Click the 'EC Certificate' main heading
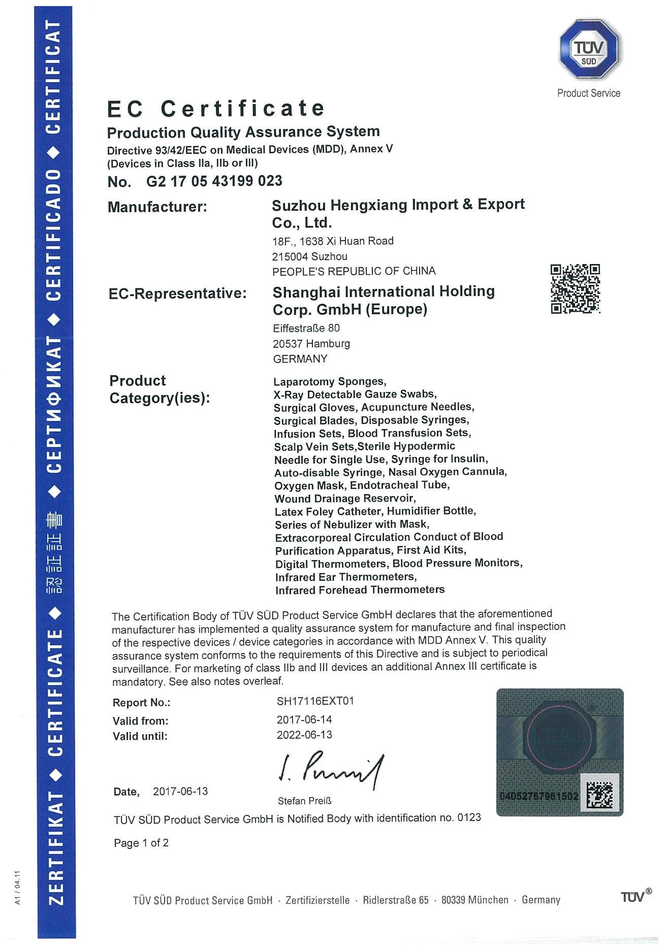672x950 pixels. (x=216, y=108)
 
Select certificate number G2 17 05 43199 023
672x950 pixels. (x=214, y=181)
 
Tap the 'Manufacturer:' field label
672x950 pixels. (x=157, y=207)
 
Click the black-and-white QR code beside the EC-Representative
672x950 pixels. (x=575, y=288)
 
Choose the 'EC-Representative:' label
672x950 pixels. (x=178, y=293)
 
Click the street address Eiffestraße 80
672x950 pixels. (x=306, y=328)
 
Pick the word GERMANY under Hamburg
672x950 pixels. (x=300, y=359)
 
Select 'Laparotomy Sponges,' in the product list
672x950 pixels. (x=330, y=382)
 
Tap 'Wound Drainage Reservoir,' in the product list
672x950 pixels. (x=345, y=499)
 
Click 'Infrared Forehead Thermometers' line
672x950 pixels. (x=360, y=590)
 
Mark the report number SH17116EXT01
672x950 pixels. (x=315, y=701)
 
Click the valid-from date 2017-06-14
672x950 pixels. (x=304, y=719)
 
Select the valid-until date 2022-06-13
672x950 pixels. (x=304, y=735)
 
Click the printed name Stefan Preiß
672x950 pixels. (x=304, y=801)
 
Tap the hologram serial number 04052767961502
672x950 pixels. (x=539, y=796)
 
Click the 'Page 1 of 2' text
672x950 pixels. (x=141, y=843)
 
